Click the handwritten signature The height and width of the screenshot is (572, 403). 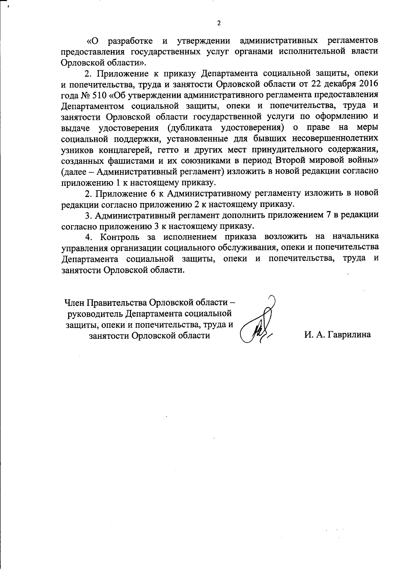point(259,323)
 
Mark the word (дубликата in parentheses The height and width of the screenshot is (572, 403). point(190,128)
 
